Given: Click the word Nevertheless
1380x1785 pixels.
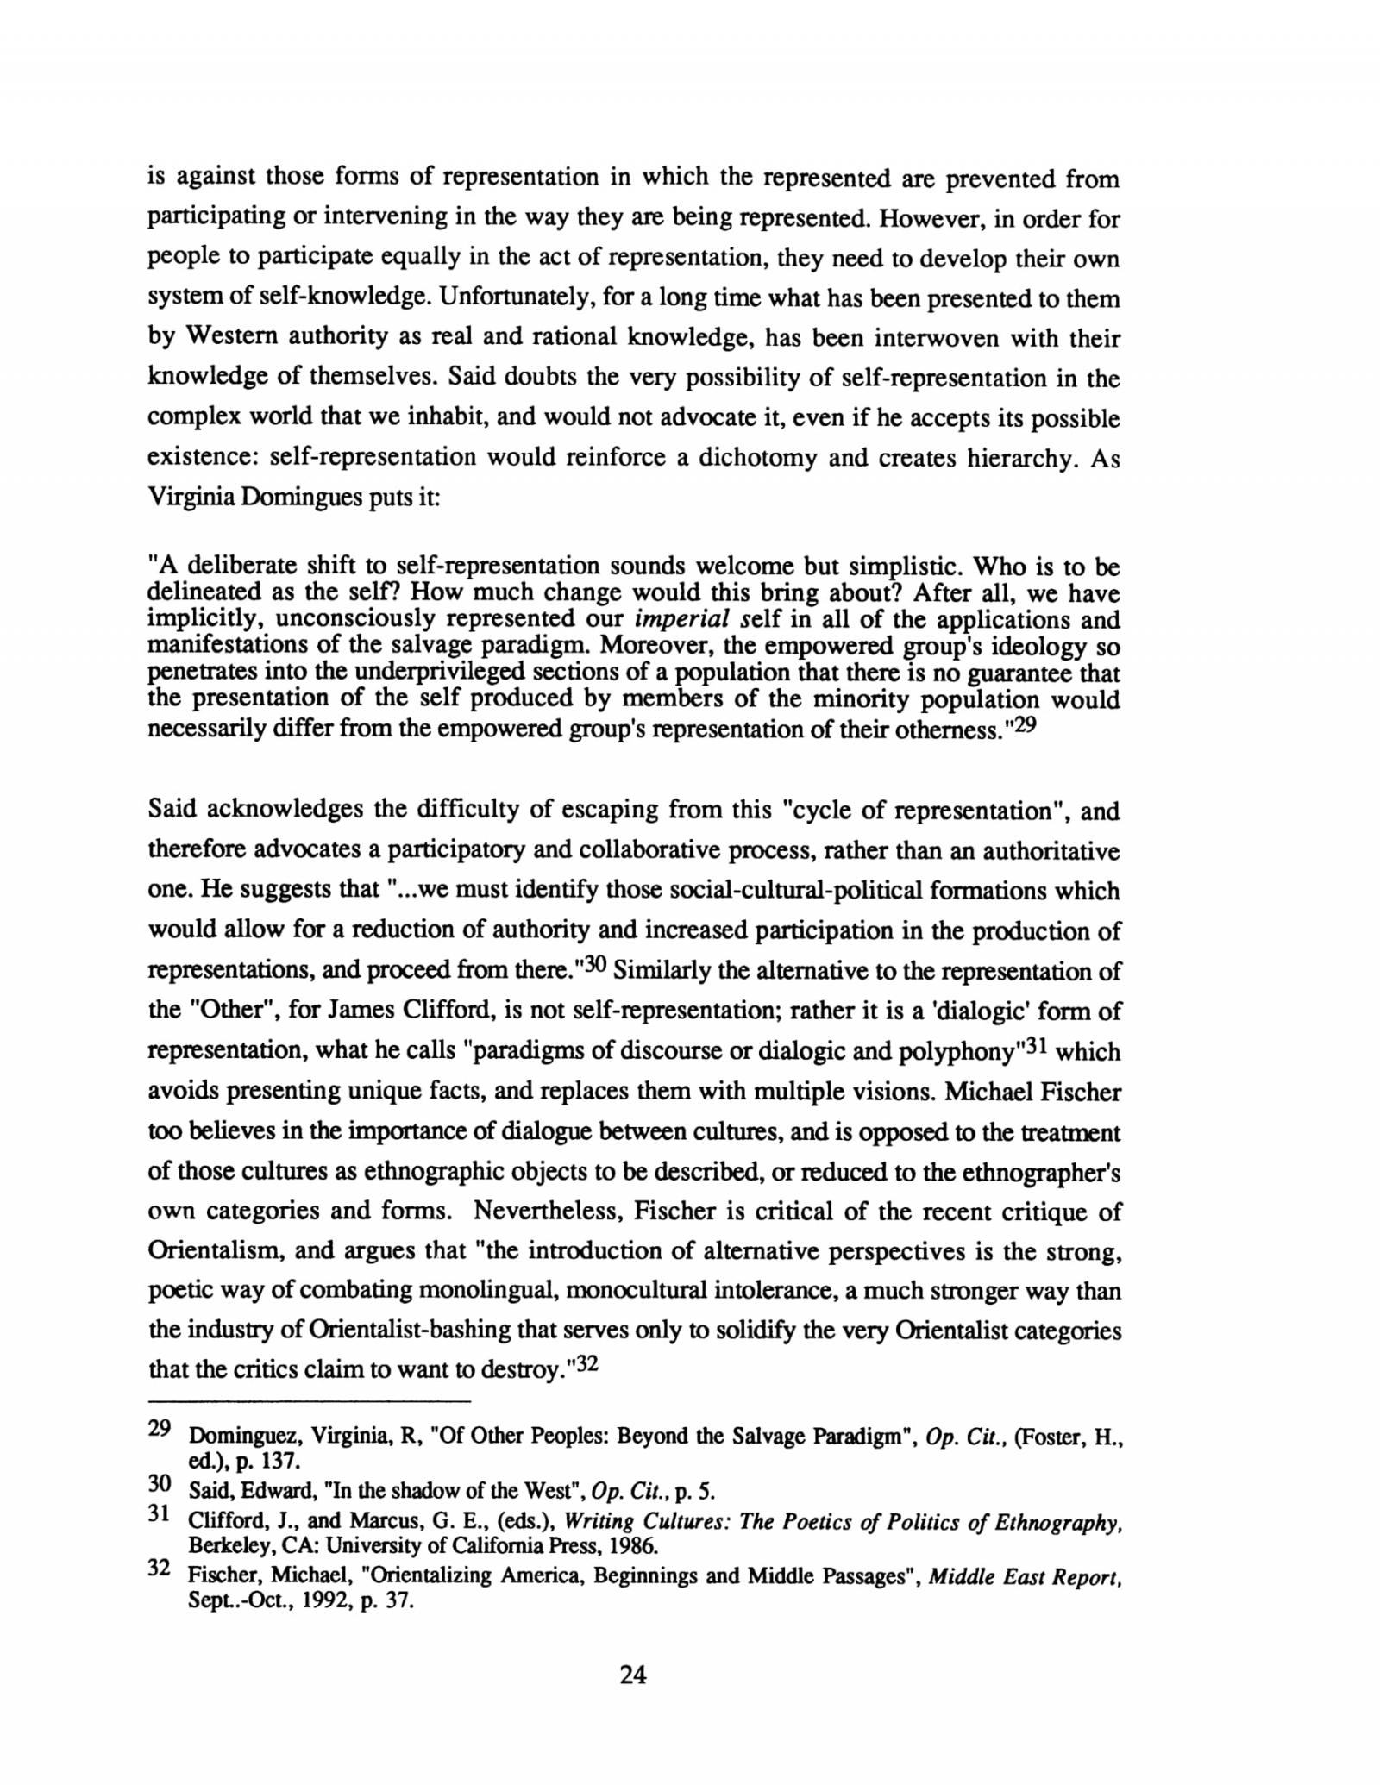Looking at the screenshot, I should tap(547, 1212).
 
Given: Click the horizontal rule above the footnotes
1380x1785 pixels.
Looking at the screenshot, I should tap(310, 1400).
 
